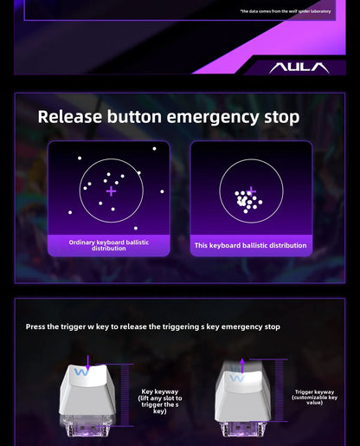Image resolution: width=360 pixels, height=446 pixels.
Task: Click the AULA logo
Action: tap(299, 68)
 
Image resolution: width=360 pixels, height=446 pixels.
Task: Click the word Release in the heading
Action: tap(70, 117)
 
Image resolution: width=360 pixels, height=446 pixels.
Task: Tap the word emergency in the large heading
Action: tap(213, 118)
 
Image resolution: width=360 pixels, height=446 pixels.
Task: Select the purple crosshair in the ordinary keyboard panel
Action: tap(111, 191)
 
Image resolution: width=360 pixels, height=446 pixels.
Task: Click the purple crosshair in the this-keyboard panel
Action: tap(252, 191)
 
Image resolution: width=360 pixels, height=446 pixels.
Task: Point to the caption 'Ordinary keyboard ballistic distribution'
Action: tap(109, 245)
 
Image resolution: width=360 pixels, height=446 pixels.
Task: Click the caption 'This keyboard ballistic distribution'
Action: tap(250, 245)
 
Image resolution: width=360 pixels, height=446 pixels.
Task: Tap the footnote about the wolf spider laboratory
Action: tap(286, 11)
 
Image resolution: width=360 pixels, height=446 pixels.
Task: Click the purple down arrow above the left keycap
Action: tap(88, 363)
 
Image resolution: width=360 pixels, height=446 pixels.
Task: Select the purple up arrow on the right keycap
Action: tap(242, 366)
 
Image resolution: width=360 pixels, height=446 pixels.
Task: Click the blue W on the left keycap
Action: tap(81, 372)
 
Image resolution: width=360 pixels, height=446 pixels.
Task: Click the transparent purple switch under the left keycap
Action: tap(87, 426)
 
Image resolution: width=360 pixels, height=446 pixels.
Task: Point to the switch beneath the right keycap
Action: tap(243, 429)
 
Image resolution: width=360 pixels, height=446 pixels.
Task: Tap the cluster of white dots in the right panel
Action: tap(247, 201)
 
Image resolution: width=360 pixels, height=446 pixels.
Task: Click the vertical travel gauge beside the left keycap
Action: tap(125, 395)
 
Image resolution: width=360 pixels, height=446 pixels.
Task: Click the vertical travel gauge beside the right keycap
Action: tap(279, 391)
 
